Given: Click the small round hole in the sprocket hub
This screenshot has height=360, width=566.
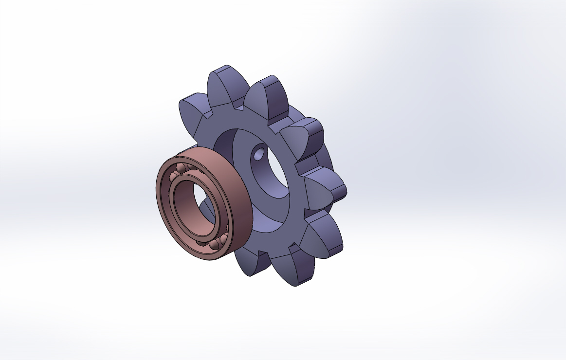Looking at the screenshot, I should [x=258, y=156].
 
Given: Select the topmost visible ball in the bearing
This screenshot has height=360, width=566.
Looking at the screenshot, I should [x=181, y=168].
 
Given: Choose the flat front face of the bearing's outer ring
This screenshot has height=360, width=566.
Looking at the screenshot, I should [x=163, y=195].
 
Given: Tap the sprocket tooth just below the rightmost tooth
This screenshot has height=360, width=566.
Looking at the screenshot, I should [x=321, y=236].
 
